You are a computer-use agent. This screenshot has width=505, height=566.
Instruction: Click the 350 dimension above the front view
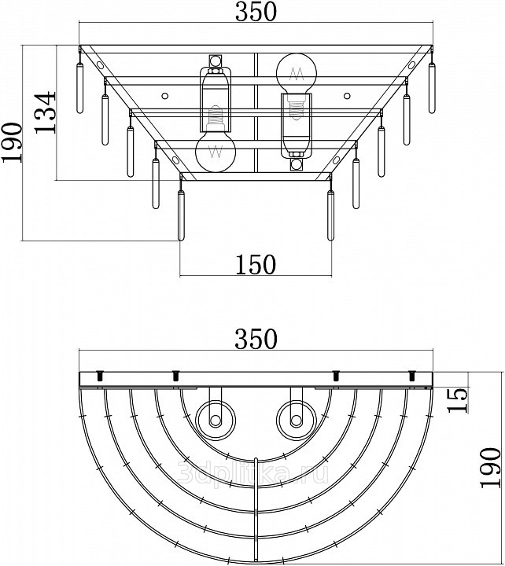[256, 12]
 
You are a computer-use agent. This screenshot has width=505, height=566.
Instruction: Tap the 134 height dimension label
[46, 112]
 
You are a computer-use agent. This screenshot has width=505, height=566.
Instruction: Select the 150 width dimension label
[256, 265]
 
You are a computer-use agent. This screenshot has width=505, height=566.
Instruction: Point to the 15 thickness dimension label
[458, 400]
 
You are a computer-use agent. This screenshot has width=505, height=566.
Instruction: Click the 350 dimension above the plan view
[256, 339]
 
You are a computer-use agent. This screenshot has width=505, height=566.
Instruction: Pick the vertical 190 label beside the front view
[12, 142]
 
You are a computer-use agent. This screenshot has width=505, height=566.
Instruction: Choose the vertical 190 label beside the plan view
[491, 468]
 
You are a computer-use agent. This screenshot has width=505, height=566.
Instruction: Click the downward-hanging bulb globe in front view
[216, 151]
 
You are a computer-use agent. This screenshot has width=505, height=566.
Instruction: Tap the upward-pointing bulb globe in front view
[297, 74]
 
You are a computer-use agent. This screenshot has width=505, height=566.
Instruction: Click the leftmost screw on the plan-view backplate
[100, 376]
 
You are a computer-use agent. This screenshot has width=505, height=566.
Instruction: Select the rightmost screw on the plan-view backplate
[411, 376]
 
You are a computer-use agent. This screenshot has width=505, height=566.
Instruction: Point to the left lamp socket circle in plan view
[216, 421]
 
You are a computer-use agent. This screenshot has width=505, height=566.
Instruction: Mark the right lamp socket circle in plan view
[297, 421]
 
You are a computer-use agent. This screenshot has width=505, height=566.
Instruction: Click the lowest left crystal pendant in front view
[181, 215]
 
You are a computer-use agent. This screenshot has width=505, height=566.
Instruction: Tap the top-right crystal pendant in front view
[432, 88]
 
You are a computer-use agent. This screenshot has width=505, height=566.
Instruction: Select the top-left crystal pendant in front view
[79, 88]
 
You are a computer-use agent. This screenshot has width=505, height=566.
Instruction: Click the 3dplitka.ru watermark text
[253, 473]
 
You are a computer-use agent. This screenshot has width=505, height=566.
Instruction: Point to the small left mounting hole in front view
[164, 96]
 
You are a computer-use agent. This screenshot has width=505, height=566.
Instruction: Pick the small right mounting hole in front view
[347, 96]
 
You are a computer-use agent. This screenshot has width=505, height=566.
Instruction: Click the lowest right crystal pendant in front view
[330, 215]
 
